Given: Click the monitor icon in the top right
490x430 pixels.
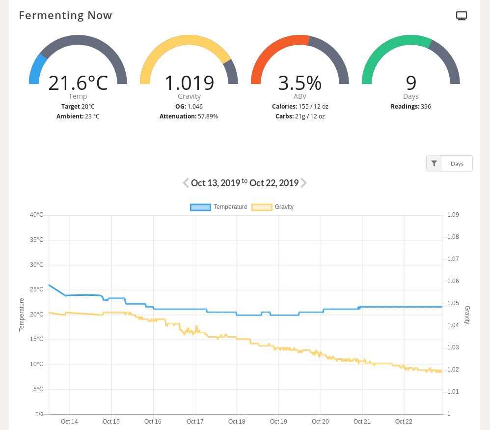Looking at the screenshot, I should tap(462, 16).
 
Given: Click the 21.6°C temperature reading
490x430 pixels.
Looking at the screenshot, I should tap(78, 83).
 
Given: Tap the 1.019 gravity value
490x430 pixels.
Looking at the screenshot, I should tap(189, 83).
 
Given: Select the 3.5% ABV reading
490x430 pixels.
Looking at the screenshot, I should tap(299, 83).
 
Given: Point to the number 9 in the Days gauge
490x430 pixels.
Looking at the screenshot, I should tap(411, 83).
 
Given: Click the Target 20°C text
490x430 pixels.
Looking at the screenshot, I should tap(78, 106).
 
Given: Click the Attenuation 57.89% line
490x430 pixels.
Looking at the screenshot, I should tap(189, 116).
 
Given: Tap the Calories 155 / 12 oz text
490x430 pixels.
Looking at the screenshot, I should tap(299, 106).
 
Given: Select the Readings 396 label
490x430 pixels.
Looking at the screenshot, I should tap(410, 106).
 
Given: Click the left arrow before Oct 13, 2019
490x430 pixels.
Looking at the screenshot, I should tap(186, 183).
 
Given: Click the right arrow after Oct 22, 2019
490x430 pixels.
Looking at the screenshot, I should tap(304, 183).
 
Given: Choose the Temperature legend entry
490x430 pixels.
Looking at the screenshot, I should tap(219, 207).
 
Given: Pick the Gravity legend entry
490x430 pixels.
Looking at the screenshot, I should tap(273, 207).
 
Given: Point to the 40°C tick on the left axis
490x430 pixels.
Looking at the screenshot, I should tap(36, 215).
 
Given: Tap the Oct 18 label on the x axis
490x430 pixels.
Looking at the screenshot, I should tap(237, 422).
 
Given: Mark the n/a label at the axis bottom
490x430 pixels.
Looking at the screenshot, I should tap(39, 414).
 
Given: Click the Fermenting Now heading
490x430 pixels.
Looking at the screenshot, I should tap(65, 15).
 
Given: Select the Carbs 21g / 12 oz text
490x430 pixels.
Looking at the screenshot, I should tap(299, 116).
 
